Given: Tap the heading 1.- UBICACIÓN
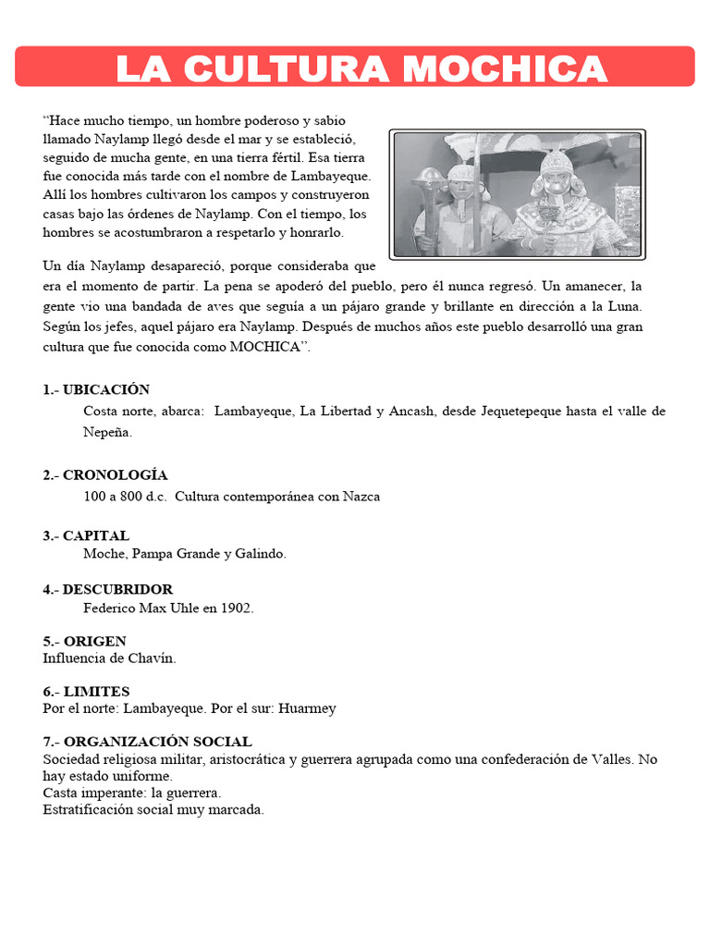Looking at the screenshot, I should [96, 389].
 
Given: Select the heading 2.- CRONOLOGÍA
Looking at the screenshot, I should [105, 474].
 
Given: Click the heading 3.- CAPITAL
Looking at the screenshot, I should [86, 535].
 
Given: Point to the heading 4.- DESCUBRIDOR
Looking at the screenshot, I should [107, 589].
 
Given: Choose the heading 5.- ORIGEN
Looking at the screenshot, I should [84, 641].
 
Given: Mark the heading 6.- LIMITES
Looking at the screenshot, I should [86, 691].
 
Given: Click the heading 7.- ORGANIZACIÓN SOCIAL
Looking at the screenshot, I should [147, 742].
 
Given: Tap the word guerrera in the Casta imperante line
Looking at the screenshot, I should [192, 793].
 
